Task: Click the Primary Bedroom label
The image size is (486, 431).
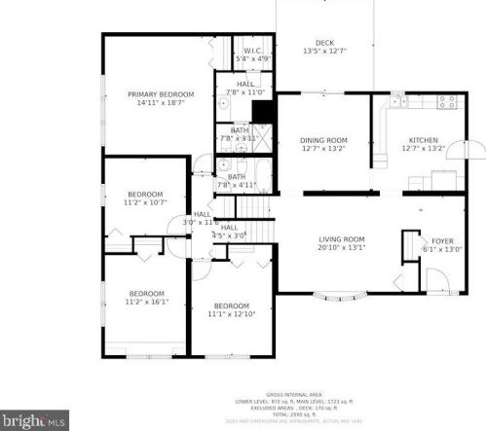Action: [x=161, y=94]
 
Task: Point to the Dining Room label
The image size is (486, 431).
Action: [x=323, y=140]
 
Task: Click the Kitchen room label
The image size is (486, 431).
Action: [x=423, y=140]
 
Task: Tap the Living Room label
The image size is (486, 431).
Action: [x=341, y=238]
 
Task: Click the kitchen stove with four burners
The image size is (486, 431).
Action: [x=448, y=101]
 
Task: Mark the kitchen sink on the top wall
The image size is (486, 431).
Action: [x=396, y=98]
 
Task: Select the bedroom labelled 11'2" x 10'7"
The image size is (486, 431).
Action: [x=146, y=194]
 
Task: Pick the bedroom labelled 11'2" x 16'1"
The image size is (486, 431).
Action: [x=146, y=293]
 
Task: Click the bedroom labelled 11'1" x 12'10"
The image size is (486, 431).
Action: [x=231, y=305]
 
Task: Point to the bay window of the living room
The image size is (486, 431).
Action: [x=340, y=295]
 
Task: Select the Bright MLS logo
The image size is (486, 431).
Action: [x=34, y=420]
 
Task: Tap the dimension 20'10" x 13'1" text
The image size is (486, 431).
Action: [x=341, y=247]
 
